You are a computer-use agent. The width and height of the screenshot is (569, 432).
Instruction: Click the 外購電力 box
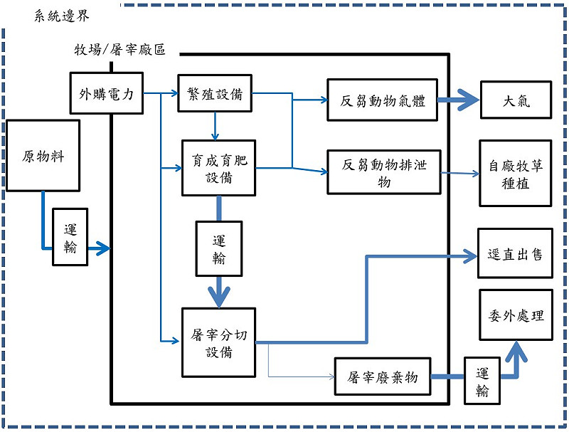106,93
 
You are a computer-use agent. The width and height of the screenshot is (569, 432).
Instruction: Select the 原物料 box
43,156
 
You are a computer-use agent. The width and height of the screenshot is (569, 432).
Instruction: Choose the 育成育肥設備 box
218,168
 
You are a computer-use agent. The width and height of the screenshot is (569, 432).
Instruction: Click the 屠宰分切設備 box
218,342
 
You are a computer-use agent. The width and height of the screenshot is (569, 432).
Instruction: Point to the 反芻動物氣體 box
383,100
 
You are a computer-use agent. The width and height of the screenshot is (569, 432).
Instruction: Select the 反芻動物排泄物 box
383,173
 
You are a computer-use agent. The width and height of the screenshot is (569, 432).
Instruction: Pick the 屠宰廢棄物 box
383,377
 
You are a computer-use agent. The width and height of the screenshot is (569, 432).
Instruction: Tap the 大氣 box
515,100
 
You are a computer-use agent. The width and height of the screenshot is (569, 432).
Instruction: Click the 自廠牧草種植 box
515,174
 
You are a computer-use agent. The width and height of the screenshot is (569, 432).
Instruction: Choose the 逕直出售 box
515,254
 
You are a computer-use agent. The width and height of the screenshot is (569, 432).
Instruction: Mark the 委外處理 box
515,315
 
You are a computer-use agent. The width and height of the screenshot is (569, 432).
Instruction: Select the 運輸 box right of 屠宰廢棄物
483,381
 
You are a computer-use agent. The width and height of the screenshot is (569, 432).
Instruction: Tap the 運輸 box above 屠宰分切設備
218,249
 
